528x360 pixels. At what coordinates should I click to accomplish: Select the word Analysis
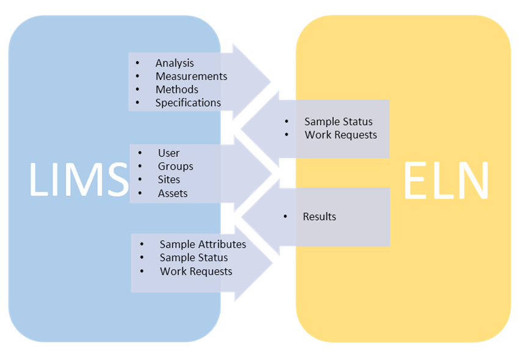coord(175,63)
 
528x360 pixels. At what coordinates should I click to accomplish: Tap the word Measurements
coord(191,76)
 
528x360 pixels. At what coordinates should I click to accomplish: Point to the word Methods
coord(176,90)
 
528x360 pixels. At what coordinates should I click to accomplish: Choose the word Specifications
coord(188,103)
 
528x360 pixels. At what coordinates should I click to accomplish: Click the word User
coord(168,153)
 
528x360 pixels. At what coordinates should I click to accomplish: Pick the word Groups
coord(175,166)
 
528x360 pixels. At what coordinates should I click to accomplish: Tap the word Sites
coord(169,179)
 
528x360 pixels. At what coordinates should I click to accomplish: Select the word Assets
coord(173,193)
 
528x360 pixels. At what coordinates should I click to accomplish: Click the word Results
coord(319,217)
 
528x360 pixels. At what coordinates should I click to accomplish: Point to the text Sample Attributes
coord(203,244)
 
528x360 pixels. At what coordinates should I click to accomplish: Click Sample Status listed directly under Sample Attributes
coord(193,257)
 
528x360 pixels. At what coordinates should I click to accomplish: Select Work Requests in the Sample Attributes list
coord(196,271)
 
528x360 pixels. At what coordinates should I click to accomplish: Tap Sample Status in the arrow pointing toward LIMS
coord(338,121)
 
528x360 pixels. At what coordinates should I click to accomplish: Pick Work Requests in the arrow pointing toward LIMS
coord(341,135)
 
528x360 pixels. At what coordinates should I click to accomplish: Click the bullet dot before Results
coord(286,217)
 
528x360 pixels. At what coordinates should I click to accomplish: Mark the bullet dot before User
coord(141,153)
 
